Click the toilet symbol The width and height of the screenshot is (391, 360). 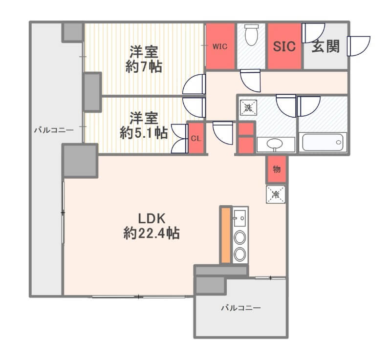tap(251, 35)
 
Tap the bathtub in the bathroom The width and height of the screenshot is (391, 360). tap(323, 142)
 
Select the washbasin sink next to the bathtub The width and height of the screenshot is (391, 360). tap(275, 144)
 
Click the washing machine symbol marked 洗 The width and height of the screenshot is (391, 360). tap(248, 108)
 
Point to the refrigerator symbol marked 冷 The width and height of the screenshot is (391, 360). tap(276, 194)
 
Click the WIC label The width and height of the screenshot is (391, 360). tap(220, 46)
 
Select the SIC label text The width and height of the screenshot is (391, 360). tap(284, 46)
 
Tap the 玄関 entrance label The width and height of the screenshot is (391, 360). tap(326, 46)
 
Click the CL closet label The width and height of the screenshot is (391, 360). tap(196, 139)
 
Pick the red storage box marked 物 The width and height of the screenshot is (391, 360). tap(277, 169)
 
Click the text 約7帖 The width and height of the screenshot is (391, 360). tap(144, 67)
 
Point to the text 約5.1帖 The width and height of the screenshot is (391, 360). tap(144, 133)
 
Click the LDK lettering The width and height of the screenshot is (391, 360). tap(152, 219)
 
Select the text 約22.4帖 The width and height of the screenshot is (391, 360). tap(152, 233)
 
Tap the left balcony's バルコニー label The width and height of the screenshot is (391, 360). tap(54, 130)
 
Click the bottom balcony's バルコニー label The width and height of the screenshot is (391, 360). tap(241, 308)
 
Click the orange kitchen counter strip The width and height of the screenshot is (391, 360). tap(226, 235)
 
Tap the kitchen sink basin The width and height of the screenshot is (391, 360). tap(240, 218)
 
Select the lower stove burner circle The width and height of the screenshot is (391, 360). tap(240, 254)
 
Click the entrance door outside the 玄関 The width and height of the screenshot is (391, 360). tap(359, 46)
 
